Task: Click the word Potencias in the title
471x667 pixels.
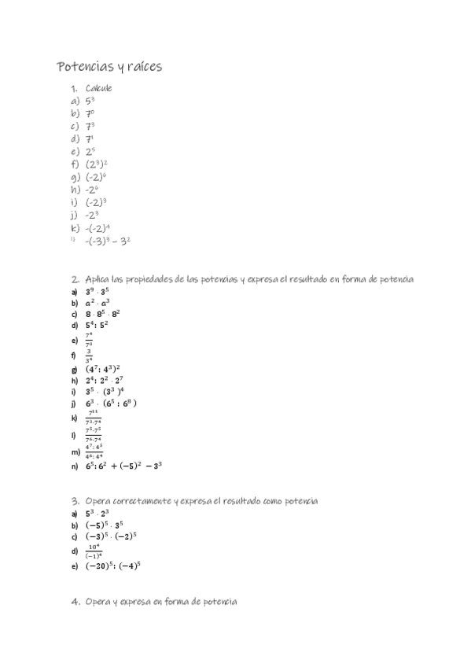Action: click(x=84, y=67)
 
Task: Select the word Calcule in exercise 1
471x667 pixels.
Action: click(x=99, y=88)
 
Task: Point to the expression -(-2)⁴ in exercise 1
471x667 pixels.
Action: click(x=98, y=227)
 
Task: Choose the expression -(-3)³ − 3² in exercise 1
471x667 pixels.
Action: click(x=108, y=241)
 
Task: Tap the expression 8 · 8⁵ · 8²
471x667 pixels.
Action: click(x=103, y=313)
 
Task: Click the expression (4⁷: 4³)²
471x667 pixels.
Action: click(x=103, y=368)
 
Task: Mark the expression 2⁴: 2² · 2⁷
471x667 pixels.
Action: click(x=105, y=380)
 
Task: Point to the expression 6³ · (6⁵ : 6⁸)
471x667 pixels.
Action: click(x=112, y=404)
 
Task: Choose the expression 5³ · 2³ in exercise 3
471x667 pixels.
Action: click(x=97, y=513)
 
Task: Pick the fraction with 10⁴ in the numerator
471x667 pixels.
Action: click(x=94, y=551)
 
